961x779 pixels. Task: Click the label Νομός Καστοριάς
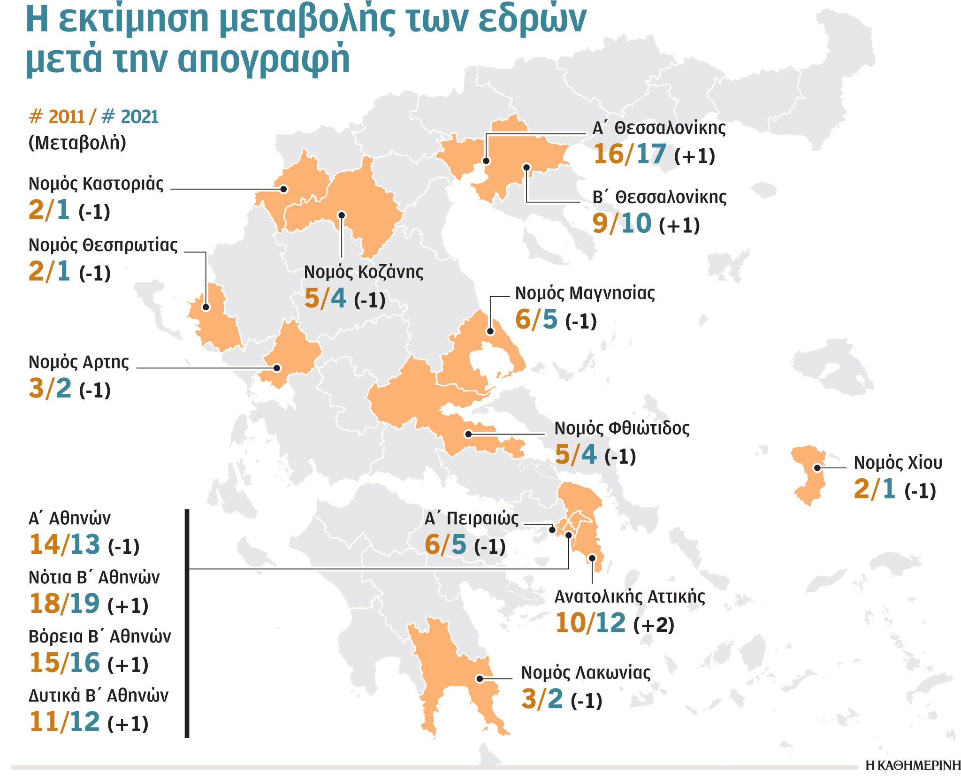pos(96,184)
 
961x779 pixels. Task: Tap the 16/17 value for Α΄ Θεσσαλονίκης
pos(630,154)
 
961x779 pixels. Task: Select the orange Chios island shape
pos(808,474)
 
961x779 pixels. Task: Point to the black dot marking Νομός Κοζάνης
pos(342,215)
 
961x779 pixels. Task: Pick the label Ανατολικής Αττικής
pos(630,597)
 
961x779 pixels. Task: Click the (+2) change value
pos(654,625)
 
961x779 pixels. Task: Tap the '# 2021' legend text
pos(130,117)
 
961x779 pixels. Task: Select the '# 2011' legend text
pos(57,117)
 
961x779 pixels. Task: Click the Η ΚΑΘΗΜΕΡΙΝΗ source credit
pos(913,766)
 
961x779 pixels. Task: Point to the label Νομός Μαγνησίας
pos(585,293)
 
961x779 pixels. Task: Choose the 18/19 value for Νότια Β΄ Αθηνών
pos(64,603)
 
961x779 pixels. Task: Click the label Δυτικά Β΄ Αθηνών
pos(98,695)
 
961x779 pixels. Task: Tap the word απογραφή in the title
pos(264,60)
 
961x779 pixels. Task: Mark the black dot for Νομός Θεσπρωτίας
pos(206,307)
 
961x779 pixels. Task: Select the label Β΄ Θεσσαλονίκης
pos(659,197)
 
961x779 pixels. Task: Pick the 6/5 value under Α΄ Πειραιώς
pos(445,545)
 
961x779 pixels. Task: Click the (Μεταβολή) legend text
pos(77,143)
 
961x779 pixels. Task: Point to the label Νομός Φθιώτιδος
pos(622,428)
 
